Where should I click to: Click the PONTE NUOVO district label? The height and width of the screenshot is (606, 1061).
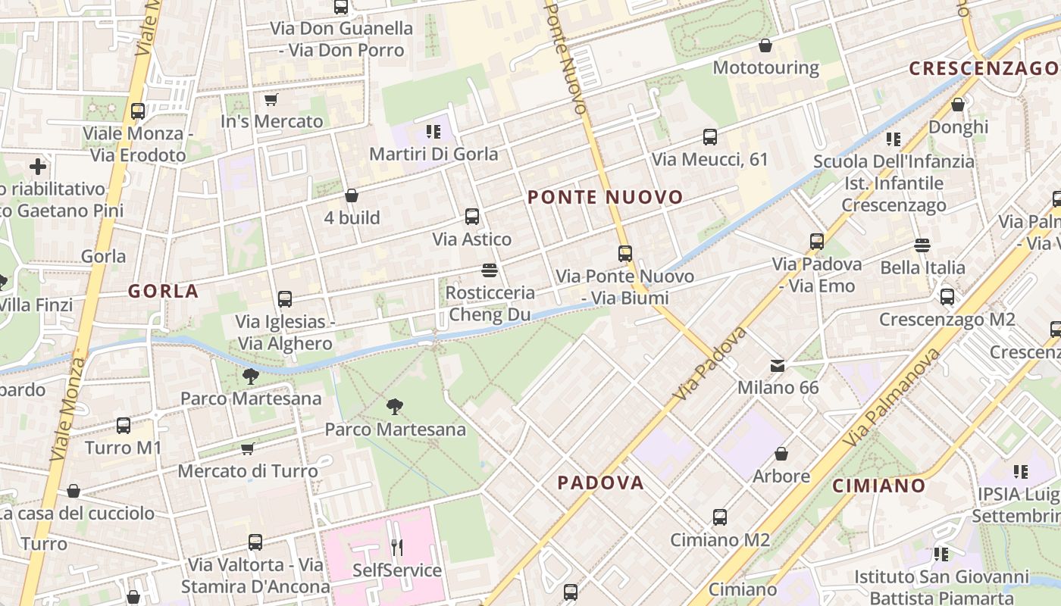click(605, 198)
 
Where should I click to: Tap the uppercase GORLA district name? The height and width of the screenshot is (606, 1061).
click(163, 291)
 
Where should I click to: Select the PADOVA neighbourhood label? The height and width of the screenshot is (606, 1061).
click(600, 483)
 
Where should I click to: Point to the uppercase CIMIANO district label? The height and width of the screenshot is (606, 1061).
click(879, 486)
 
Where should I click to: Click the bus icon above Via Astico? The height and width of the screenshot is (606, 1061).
click(472, 217)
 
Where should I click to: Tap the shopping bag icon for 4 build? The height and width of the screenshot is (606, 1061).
click(352, 195)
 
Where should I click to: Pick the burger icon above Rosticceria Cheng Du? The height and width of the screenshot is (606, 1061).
click(489, 270)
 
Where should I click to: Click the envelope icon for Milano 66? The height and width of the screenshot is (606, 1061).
click(778, 366)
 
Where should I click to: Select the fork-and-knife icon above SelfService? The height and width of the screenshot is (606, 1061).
click(396, 547)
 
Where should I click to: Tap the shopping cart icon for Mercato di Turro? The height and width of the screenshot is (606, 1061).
click(247, 449)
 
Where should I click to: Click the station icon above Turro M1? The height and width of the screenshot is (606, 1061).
click(124, 426)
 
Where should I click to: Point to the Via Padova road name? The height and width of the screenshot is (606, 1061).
click(709, 364)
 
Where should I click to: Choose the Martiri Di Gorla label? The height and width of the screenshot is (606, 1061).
click(433, 154)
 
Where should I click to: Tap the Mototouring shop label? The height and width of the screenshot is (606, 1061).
click(765, 67)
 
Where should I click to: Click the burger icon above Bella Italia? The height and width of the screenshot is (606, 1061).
click(922, 245)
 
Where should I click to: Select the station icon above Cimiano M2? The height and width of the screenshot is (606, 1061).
click(720, 517)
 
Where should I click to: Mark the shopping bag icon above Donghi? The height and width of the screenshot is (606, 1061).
click(958, 105)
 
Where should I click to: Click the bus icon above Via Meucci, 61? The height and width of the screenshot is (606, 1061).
click(710, 137)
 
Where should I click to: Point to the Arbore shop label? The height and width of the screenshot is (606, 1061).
click(781, 476)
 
